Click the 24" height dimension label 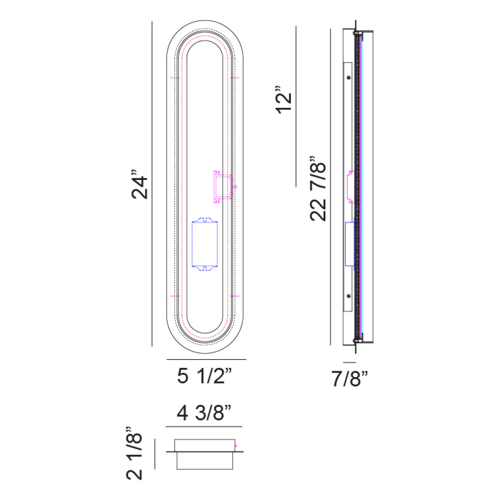140,184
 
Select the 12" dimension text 284,100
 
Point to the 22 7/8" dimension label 318,189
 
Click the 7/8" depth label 350,378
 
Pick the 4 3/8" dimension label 204,413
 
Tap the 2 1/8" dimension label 134,454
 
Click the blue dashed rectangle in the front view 205,244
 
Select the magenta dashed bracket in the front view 223,187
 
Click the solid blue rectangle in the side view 350,244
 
